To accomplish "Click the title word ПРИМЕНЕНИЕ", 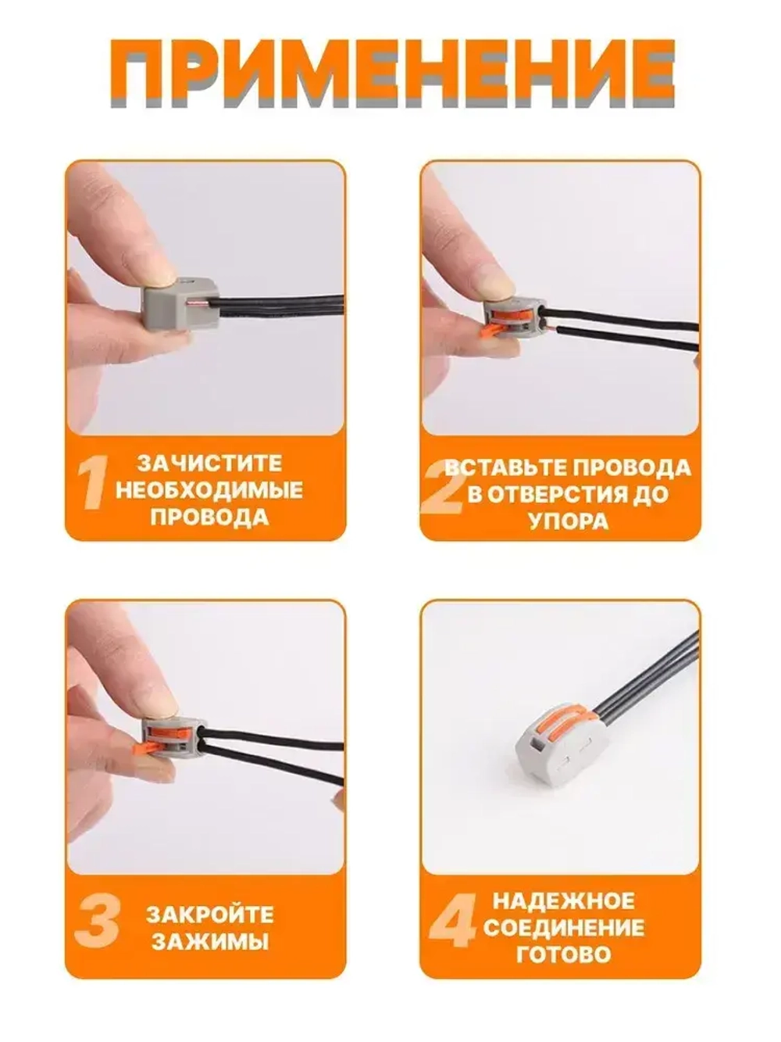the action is [x=392, y=73].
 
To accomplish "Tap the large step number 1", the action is [x=93, y=483].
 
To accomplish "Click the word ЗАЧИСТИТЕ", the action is [x=210, y=463].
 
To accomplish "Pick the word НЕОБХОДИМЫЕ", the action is [x=209, y=490].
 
